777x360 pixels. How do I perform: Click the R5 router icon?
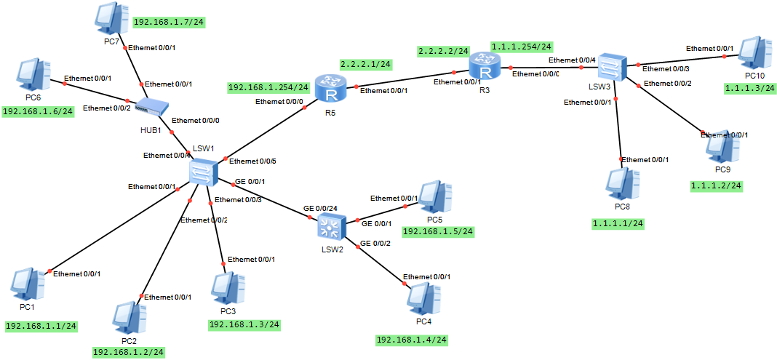(329, 88)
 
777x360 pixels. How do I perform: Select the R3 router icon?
(482, 71)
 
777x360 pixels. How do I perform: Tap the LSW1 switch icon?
(202, 172)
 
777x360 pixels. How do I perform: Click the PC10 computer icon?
(754, 53)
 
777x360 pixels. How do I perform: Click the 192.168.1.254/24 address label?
(268, 88)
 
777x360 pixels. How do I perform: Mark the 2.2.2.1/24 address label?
(365, 64)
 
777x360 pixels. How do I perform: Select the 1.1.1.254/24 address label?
(522, 47)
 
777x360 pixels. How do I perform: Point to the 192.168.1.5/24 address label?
(438, 231)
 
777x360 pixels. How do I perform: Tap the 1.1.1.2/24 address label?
(716, 185)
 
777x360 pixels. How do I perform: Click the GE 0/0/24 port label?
(320, 208)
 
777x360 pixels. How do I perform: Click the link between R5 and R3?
(405, 80)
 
